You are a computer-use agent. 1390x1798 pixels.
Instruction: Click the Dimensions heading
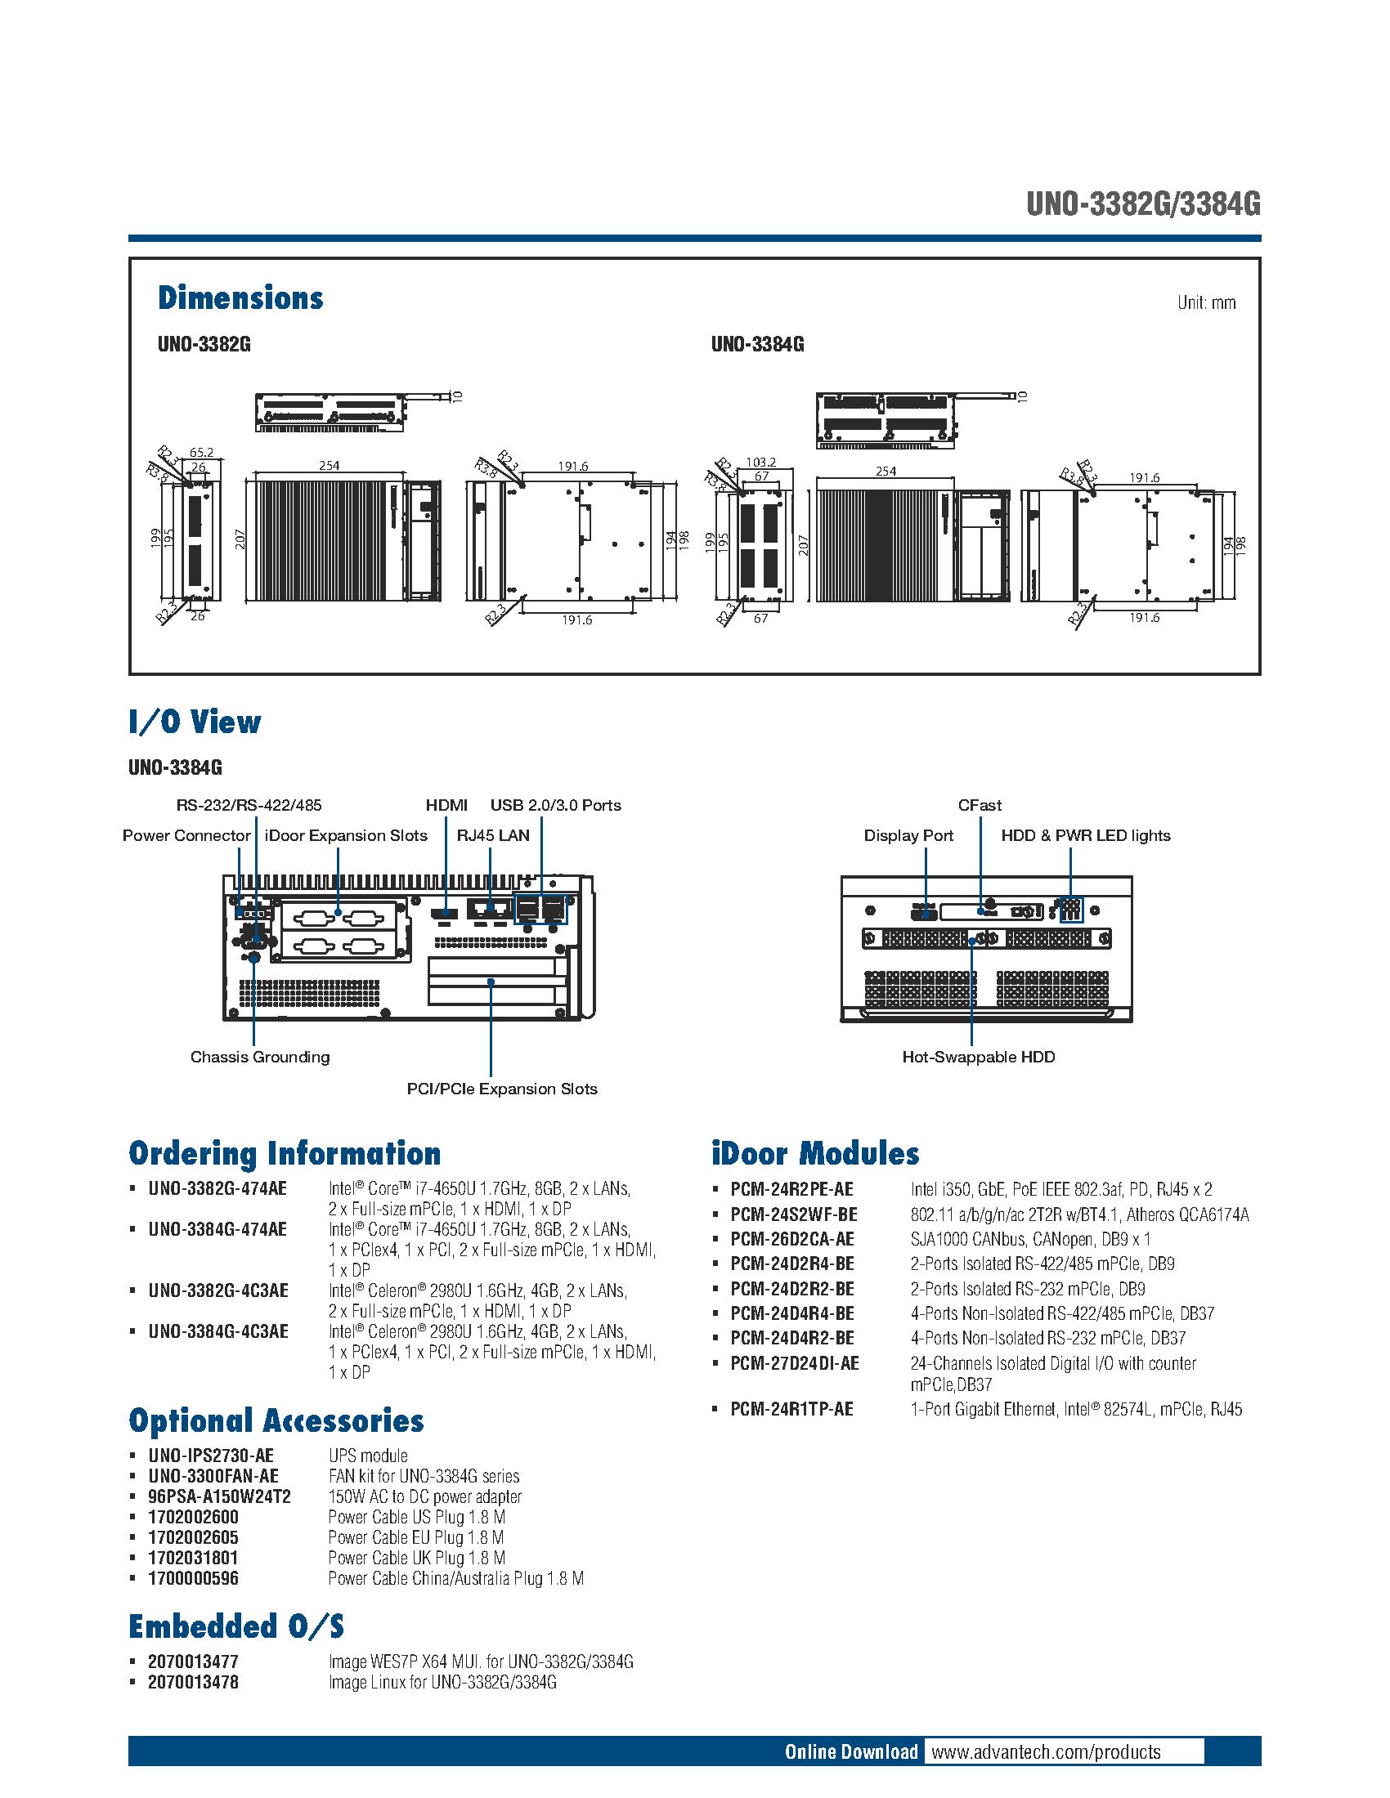[240, 298]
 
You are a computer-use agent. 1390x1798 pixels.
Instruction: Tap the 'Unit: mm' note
[1205, 303]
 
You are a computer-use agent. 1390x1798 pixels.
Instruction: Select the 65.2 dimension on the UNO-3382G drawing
[201, 452]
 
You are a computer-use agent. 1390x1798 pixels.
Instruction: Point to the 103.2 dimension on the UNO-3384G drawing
[760, 463]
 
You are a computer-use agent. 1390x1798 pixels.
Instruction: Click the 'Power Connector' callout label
[186, 835]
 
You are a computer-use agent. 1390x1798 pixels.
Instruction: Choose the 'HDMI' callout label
[446, 805]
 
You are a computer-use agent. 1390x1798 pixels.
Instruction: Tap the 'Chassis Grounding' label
[259, 1057]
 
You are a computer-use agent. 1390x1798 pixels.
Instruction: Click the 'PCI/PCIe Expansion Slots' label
[501, 1089]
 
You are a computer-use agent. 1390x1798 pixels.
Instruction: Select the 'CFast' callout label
[979, 805]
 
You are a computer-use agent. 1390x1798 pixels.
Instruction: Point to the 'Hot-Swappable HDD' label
[978, 1057]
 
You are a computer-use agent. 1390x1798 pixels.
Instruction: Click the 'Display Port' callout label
[908, 835]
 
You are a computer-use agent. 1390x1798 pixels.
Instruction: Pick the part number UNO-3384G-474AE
[217, 1229]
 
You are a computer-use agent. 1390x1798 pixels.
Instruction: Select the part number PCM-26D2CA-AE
[792, 1239]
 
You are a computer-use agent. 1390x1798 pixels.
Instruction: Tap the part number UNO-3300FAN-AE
[213, 1476]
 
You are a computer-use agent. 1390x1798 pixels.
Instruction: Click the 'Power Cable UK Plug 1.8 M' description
[416, 1558]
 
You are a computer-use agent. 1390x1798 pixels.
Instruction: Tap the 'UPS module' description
[367, 1456]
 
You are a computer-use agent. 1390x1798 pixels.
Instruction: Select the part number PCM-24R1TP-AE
[791, 1410]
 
